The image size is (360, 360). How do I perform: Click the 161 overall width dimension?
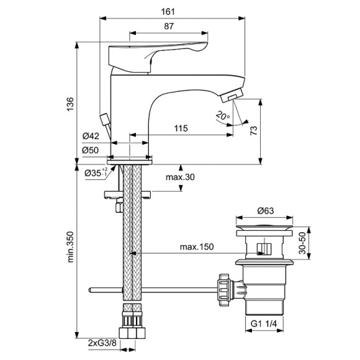tap(168, 11)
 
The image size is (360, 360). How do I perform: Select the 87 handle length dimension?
tap(169, 26)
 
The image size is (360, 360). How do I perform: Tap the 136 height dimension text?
tap(70, 104)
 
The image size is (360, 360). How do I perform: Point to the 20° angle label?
tap(223, 115)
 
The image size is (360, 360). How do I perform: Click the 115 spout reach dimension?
tap(181, 128)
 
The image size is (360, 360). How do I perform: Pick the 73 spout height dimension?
tap(254, 130)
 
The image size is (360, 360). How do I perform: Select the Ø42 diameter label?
tap(91, 136)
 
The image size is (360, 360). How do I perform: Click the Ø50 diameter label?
tap(90, 150)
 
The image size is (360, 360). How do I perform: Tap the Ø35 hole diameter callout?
tap(96, 172)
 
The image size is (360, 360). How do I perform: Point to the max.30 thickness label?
tap(180, 177)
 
